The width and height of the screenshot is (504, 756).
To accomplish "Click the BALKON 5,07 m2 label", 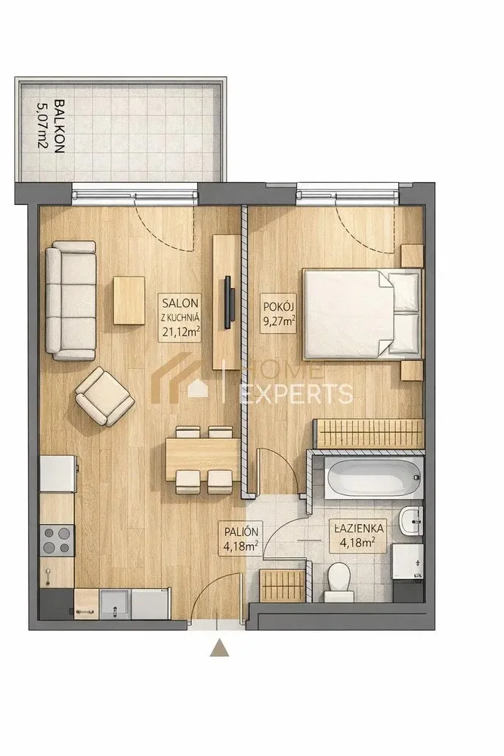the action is pyautogui.click(x=52, y=125).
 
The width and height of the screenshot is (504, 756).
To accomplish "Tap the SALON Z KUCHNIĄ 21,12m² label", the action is pyautogui.click(x=180, y=318).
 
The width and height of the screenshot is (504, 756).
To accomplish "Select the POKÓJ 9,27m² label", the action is pyautogui.click(x=279, y=314).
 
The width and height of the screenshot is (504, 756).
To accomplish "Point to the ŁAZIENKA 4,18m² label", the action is pyautogui.click(x=358, y=536).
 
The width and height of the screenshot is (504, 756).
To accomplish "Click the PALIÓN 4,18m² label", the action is pyautogui.click(x=241, y=538).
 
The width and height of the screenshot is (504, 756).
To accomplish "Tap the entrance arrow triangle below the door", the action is pyautogui.click(x=219, y=648).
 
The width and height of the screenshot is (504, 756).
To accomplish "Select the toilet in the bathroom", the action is pyautogui.click(x=337, y=583).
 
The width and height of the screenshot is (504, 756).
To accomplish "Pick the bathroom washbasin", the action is pyautogui.click(x=411, y=522).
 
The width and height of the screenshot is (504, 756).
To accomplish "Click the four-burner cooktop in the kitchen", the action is pyautogui.click(x=57, y=540).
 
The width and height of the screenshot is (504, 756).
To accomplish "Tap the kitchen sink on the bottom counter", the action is pyautogui.click(x=115, y=603).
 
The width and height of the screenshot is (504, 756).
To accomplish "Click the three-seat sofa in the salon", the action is pyautogui.click(x=71, y=301).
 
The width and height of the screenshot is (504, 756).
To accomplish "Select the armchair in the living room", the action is pyautogui.click(x=104, y=396).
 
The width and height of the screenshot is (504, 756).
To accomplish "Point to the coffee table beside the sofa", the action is pyautogui.click(x=129, y=300).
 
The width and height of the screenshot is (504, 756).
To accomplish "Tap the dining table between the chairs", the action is pyautogui.click(x=203, y=460).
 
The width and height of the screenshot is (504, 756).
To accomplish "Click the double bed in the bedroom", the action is pyautogui.click(x=361, y=314).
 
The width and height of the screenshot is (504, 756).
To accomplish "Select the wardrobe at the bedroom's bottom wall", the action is pyautogui.click(x=369, y=433).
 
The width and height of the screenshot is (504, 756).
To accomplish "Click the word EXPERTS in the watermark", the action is pyautogui.click(x=296, y=393).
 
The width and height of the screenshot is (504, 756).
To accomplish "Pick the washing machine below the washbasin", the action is pyautogui.click(x=407, y=561).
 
